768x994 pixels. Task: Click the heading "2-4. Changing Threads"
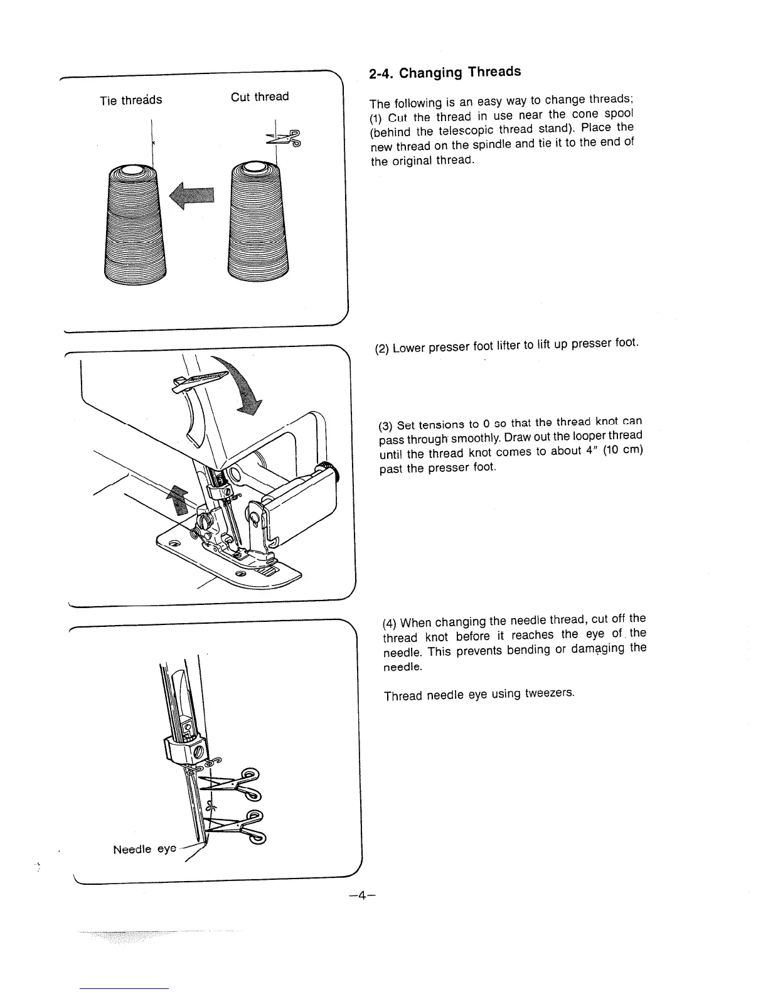445,72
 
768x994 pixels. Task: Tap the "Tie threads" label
131,100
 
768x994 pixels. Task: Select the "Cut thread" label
260,97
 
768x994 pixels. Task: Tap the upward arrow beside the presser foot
178,501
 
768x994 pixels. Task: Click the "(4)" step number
390,623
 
